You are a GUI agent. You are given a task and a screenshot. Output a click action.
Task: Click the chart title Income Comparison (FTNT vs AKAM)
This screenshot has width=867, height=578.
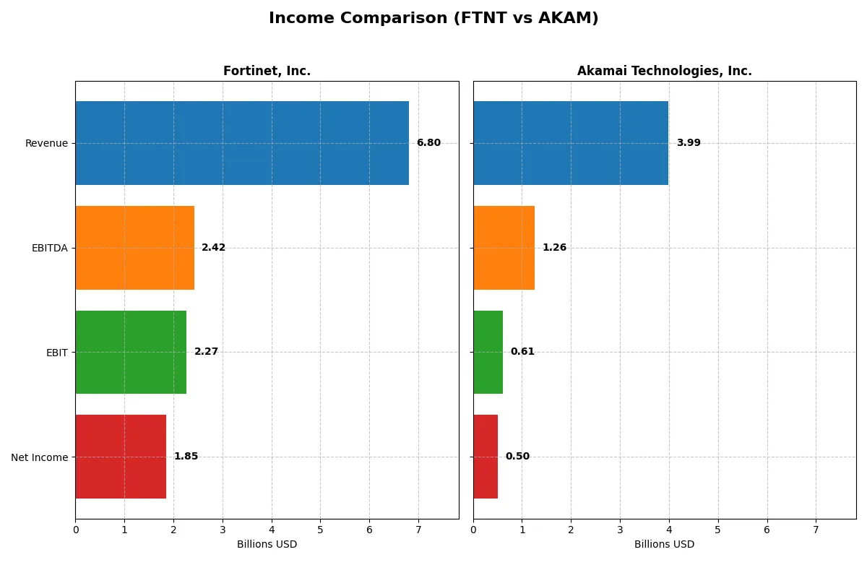(x=433, y=19)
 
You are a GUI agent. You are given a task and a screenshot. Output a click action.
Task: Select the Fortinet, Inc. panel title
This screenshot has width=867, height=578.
(x=267, y=71)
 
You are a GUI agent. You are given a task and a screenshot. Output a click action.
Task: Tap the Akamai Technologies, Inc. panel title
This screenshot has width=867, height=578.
(x=664, y=71)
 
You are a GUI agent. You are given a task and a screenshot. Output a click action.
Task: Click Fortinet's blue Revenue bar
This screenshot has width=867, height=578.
(x=242, y=143)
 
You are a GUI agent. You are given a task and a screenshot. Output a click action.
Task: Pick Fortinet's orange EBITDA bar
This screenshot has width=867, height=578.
(x=134, y=248)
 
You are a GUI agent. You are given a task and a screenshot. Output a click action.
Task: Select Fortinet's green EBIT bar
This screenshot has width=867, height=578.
(x=131, y=352)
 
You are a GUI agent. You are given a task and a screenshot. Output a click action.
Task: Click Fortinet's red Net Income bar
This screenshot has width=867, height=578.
(x=121, y=457)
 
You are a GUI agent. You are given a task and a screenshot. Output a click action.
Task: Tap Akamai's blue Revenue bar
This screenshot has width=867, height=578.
(x=571, y=143)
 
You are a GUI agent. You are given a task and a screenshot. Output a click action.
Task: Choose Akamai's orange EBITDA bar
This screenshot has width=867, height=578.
(x=504, y=248)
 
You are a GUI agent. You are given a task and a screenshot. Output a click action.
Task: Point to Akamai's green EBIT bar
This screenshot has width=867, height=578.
(x=488, y=352)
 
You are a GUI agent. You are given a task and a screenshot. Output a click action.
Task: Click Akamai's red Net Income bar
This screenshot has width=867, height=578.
(x=486, y=457)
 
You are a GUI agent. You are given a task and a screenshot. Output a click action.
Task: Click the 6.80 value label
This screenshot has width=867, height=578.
(x=428, y=143)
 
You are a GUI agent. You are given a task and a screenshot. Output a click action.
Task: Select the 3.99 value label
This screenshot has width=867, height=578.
(x=689, y=143)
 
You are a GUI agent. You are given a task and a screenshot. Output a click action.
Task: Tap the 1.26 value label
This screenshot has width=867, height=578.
(x=554, y=248)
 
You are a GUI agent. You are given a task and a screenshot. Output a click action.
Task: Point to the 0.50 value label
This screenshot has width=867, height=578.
(x=517, y=457)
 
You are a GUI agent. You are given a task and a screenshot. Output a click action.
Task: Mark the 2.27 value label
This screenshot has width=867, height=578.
(x=206, y=352)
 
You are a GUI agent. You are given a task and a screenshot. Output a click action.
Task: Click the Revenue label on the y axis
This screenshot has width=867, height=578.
(x=46, y=143)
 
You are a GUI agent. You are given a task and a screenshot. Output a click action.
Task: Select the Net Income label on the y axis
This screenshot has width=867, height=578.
(x=40, y=457)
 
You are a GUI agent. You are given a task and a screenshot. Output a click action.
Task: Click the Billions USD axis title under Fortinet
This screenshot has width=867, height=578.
(x=267, y=545)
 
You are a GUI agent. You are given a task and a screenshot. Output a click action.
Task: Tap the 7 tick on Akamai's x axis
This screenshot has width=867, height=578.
(x=816, y=530)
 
